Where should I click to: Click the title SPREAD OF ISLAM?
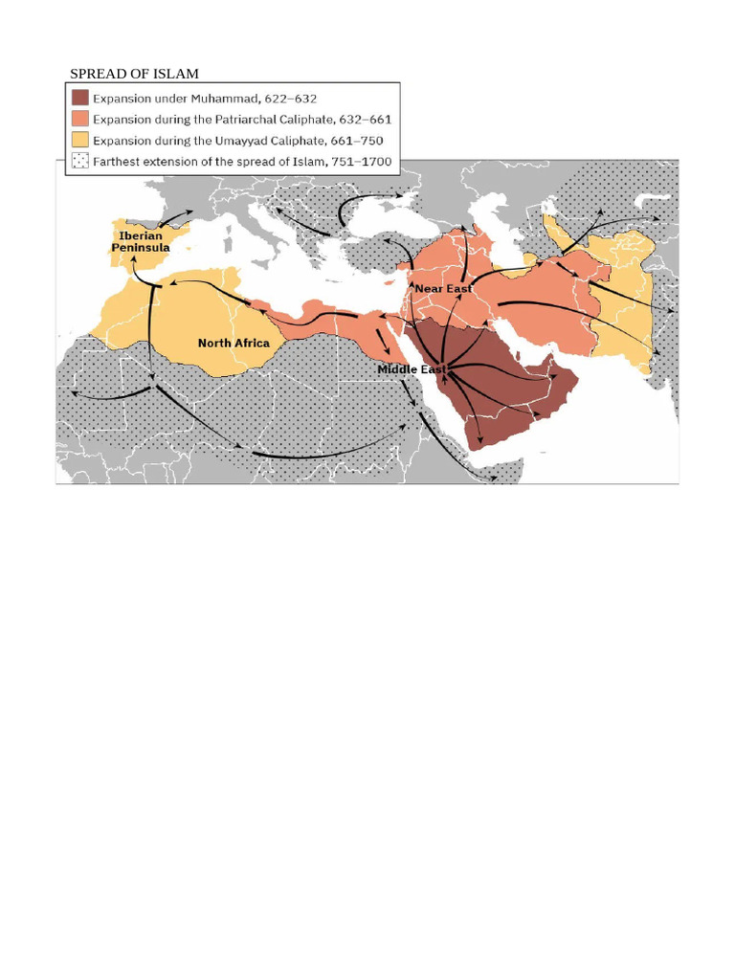[x=134, y=74]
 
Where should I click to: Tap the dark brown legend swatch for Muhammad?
[x=79, y=98]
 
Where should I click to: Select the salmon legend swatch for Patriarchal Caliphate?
[x=79, y=119]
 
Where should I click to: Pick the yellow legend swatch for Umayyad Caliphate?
[x=79, y=140]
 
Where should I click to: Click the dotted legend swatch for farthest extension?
[x=79, y=161]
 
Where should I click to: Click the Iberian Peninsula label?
[x=141, y=241]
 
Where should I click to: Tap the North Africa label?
[x=234, y=343]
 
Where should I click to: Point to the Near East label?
[x=443, y=288]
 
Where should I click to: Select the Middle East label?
[x=412, y=368]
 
